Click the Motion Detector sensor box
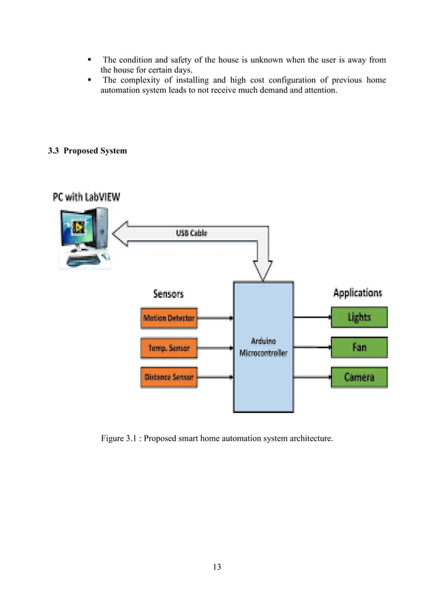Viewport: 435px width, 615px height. (x=168, y=318)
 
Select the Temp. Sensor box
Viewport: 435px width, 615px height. (x=168, y=348)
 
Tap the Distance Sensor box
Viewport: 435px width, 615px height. (x=168, y=377)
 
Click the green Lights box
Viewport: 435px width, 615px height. (x=359, y=317)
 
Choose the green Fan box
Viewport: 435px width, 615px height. (x=359, y=347)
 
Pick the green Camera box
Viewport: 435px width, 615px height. (x=359, y=377)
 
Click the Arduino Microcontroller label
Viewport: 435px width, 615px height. (x=262, y=347)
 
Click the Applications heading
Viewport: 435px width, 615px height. (x=357, y=294)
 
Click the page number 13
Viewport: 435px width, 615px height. (x=217, y=567)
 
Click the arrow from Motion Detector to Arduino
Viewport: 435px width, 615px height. (x=215, y=318)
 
